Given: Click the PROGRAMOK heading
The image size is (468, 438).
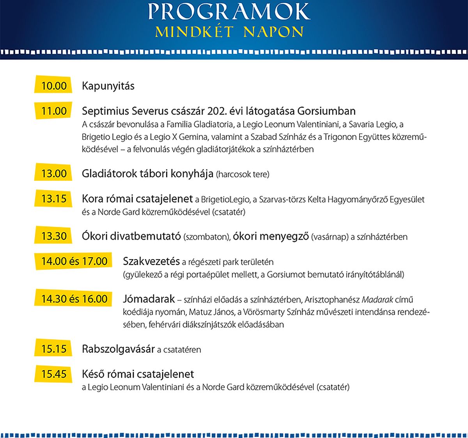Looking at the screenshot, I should point(229,12).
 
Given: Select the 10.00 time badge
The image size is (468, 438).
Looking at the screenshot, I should point(54,86).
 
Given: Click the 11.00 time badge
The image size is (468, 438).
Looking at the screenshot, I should point(54,111).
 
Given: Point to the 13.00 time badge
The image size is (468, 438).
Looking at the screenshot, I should point(54,173).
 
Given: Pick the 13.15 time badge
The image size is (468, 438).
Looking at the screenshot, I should point(54,199).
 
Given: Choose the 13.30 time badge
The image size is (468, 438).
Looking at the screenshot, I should point(54,236).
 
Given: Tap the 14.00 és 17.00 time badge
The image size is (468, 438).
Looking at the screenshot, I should point(74,261).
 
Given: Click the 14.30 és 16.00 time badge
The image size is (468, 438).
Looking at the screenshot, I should point(74,299).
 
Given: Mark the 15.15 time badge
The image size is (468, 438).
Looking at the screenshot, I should point(54,349).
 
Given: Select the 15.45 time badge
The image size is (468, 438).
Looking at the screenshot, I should point(54,374).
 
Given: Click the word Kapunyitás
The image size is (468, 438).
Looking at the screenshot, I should point(108,86).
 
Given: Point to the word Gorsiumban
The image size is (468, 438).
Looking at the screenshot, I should point(326,111).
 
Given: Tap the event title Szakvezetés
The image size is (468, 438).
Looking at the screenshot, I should point(151,261).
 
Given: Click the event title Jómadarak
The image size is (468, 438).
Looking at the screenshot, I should point(149,299).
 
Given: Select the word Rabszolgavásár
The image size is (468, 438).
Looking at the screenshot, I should point(118,349).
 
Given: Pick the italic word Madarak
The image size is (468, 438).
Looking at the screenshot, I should point(377,300).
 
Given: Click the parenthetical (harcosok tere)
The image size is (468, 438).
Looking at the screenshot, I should point(243,175).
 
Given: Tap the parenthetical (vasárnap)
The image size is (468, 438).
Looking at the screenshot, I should point(330,237).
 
